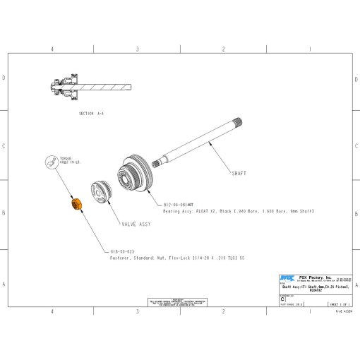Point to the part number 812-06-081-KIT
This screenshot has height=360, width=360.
(183, 205)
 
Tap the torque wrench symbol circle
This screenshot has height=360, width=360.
(51, 162)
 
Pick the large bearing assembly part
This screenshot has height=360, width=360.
(133, 175)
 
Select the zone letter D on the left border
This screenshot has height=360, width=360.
(5, 78)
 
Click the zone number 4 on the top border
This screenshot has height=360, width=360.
(52, 49)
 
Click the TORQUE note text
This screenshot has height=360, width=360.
(66, 162)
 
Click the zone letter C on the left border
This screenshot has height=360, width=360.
(5, 147)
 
